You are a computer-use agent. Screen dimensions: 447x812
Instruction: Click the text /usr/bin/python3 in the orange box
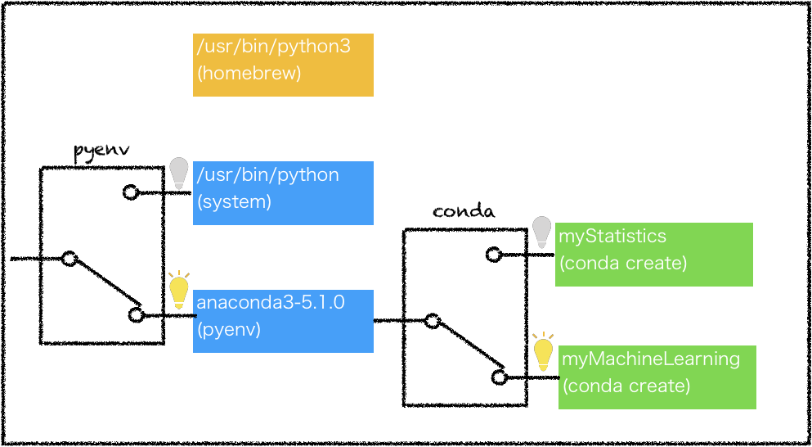(x=273, y=47)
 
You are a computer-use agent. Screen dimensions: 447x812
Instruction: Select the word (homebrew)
(x=249, y=74)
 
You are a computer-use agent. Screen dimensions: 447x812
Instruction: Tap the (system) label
(x=234, y=201)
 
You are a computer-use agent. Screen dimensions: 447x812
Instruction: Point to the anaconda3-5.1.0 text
(x=270, y=303)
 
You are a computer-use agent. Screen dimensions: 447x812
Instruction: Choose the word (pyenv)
(x=229, y=330)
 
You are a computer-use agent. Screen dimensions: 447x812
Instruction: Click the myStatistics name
(x=612, y=237)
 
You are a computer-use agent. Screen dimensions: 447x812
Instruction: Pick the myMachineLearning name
(x=651, y=359)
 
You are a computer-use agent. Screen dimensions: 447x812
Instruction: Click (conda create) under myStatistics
(x=623, y=264)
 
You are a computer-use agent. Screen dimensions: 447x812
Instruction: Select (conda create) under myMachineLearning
(x=626, y=386)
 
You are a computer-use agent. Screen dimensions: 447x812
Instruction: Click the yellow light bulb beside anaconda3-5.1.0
(x=178, y=291)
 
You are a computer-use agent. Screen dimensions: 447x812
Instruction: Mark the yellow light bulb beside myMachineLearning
(x=543, y=352)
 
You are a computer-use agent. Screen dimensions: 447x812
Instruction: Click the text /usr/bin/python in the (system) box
(x=267, y=175)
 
